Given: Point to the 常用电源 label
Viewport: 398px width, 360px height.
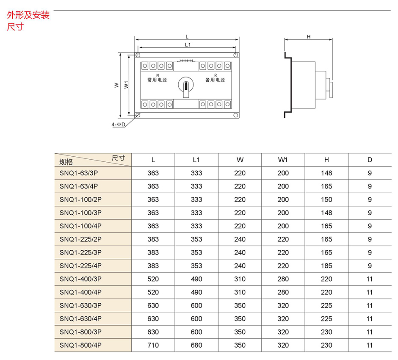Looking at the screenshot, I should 157,80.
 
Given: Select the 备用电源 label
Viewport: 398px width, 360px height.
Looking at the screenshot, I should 215,80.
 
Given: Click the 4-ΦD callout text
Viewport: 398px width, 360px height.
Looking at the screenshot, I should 119,125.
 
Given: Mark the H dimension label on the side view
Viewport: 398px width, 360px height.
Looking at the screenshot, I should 309,37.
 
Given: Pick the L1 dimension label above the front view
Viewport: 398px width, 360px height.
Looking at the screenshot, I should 188,44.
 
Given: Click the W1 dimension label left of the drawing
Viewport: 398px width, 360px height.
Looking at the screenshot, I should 126,85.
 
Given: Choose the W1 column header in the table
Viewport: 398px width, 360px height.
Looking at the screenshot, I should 283,160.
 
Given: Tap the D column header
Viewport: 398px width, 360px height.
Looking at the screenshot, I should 370,160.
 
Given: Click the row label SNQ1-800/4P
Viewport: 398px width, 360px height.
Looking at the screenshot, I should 80,345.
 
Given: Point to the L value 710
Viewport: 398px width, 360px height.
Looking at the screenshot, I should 153,345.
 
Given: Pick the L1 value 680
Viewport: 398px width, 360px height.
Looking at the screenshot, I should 196,345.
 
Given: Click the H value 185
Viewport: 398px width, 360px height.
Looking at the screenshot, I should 326,266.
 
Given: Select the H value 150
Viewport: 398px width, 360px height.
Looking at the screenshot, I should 326,199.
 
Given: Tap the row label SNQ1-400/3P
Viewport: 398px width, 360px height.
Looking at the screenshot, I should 80,279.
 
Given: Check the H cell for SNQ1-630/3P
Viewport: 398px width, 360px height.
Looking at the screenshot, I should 326,305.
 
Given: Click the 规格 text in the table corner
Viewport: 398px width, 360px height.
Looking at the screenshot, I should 66,162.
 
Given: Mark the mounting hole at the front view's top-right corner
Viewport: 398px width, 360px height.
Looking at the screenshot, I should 235,55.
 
